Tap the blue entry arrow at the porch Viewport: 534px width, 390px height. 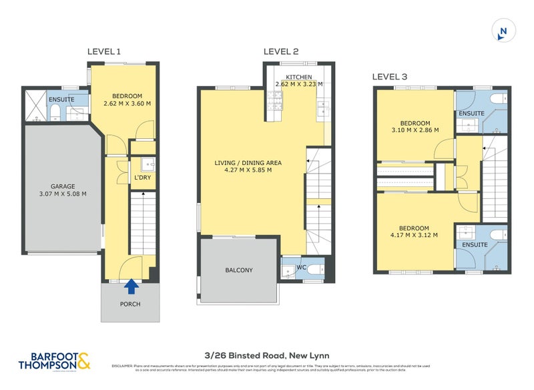(132, 286)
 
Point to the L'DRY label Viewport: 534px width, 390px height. (142, 178)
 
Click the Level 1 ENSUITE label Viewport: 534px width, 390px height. (61, 100)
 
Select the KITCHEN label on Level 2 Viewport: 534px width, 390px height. (298, 76)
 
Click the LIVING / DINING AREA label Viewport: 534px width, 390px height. (248, 162)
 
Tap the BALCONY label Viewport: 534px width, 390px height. (238, 270)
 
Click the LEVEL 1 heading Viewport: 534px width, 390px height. (104, 51)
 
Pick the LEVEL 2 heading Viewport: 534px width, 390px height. (281, 51)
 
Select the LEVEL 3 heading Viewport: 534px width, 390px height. (390, 77)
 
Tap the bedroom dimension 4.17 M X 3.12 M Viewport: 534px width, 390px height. (415, 235)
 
